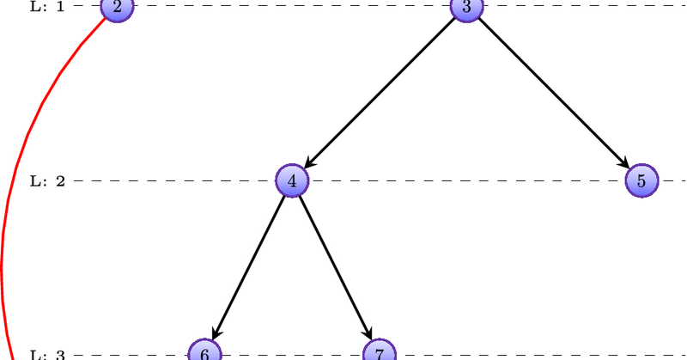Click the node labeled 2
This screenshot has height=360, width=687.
pos(117,7)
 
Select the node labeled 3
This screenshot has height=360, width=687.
pos(466,7)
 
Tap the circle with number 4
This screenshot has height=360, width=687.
pos(292,180)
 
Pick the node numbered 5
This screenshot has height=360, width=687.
pos(641,180)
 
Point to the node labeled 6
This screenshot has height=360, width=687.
pos(204,351)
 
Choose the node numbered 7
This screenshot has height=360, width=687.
pos(379,351)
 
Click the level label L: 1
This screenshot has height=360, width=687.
pos(47,7)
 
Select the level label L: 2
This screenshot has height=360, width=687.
pos(47,181)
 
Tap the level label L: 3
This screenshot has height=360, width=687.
pos(47,354)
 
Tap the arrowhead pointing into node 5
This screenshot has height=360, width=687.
pos(624,162)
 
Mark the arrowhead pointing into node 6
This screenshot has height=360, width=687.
pos(216,331)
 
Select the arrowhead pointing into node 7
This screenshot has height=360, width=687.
pos(368,331)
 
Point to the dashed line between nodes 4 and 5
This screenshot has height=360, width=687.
pos(464,181)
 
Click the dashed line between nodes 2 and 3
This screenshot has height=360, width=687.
pos(292,7)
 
